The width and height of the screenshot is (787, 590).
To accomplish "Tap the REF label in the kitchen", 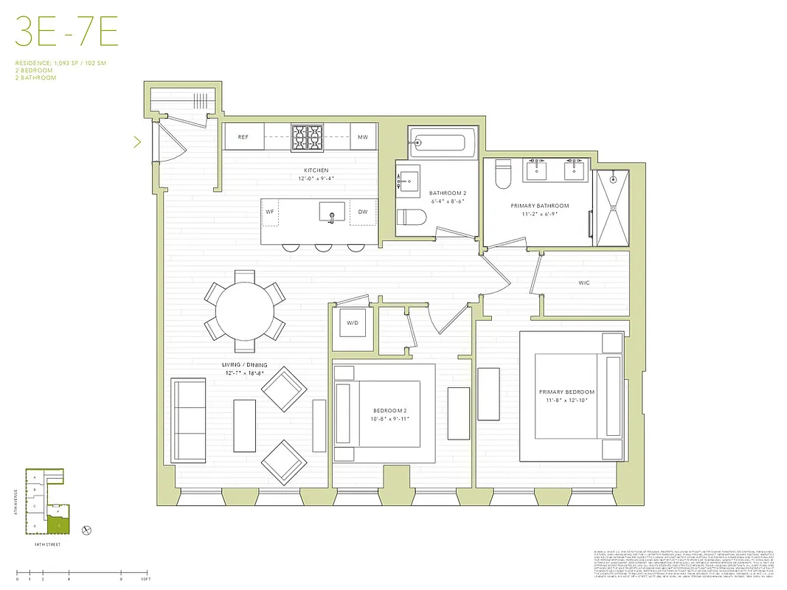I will pyautogui.click(x=243, y=137).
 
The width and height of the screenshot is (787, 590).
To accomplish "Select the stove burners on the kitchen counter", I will pyautogui.click(x=307, y=136).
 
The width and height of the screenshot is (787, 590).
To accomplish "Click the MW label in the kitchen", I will pyautogui.click(x=363, y=137).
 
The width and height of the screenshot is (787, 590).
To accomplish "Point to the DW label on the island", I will pyautogui.click(x=362, y=212).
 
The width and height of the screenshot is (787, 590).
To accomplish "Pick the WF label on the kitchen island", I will pyautogui.click(x=271, y=212).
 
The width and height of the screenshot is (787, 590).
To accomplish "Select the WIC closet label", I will pyautogui.click(x=584, y=282).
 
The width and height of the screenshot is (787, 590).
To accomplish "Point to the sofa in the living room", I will pyautogui.click(x=189, y=420).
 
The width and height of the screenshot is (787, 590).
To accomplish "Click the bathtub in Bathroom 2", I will pyautogui.click(x=439, y=141).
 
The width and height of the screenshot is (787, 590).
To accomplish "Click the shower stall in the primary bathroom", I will pyautogui.click(x=612, y=209).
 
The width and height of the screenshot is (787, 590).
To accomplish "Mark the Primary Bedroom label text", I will pyautogui.click(x=566, y=392).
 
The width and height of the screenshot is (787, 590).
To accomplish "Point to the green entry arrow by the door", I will pyautogui.click(x=136, y=141).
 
